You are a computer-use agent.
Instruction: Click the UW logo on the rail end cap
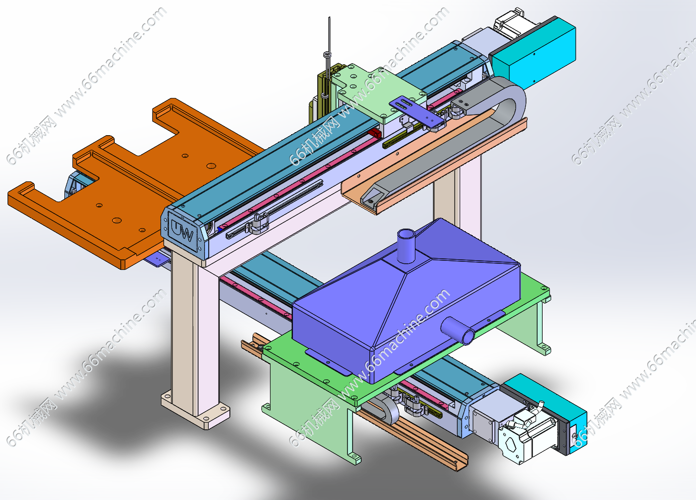coord(182,231)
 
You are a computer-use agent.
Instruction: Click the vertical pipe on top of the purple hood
coord(406,246)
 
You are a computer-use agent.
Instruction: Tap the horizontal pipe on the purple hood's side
coord(458,330)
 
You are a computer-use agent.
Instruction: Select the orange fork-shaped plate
coord(131,183)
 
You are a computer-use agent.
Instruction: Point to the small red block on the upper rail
coord(375,134)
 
